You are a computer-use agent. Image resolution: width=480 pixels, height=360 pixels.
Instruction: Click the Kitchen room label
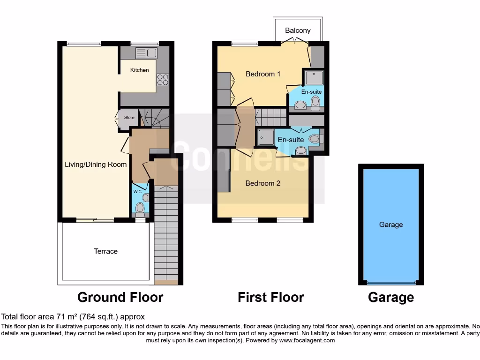click(x=139, y=70)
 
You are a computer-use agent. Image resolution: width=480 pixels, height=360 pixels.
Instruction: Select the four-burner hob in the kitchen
click(x=162, y=80)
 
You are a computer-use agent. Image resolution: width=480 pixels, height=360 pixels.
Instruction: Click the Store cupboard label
click(x=129, y=118)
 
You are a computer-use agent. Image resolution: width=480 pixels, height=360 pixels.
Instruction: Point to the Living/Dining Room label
click(x=96, y=165)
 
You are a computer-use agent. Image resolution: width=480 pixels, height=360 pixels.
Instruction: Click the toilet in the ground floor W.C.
click(x=139, y=207)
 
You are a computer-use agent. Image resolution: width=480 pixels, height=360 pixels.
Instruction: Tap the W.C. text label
click(x=137, y=192)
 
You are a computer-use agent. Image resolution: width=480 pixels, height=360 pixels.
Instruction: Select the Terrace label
click(x=105, y=251)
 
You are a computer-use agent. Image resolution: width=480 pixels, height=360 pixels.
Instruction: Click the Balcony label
click(x=298, y=30)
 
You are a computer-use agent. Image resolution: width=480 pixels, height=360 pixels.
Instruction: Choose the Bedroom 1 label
click(x=263, y=74)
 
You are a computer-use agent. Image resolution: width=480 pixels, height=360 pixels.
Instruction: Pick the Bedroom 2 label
click(x=263, y=183)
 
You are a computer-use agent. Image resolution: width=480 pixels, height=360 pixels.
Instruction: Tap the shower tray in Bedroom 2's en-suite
click(x=266, y=137)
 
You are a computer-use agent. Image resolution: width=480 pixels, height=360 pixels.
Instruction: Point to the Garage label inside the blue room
click(x=391, y=225)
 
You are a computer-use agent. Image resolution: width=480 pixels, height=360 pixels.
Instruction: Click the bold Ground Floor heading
click(x=120, y=297)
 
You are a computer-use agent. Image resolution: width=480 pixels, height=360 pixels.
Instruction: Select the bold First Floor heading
click(x=270, y=297)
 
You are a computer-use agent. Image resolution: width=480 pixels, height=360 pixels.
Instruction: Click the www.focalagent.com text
click(x=307, y=340)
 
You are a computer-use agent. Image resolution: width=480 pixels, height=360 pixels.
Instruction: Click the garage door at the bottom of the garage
click(x=391, y=283)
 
